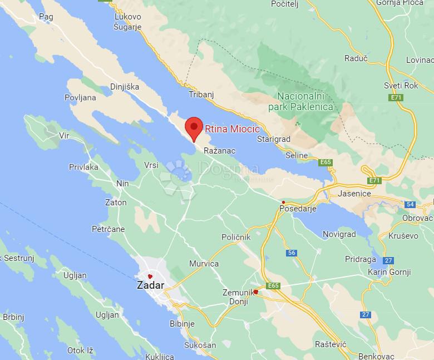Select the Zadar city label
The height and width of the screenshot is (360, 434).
click(150, 286)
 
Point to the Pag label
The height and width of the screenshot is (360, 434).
click(46, 17)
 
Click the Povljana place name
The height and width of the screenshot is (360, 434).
click(81, 97)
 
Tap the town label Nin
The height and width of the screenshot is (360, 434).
click(122, 183)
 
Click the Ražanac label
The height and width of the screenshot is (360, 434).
click(219, 151)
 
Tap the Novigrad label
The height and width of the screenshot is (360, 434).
click(339, 234)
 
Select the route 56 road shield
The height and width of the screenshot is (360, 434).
click(292, 253)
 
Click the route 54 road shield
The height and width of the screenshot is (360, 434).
click(410, 204)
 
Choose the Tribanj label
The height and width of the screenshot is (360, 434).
click(201, 95)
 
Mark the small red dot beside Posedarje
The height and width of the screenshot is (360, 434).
click(283, 203)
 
